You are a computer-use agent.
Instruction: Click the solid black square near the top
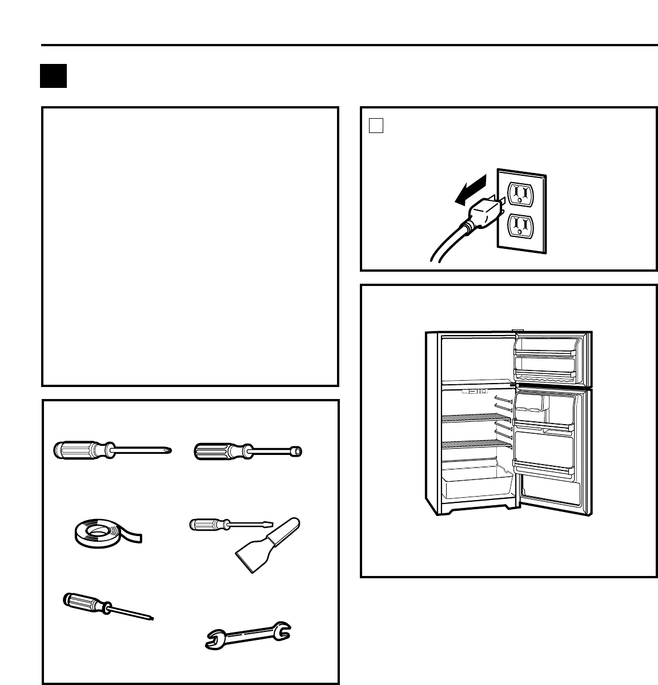[x=54, y=76]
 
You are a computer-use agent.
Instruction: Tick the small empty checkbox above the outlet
[x=375, y=126]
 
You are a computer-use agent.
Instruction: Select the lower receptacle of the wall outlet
[x=520, y=227]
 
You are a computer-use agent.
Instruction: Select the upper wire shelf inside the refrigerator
[x=468, y=418]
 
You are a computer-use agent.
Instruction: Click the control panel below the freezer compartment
[x=475, y=392]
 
